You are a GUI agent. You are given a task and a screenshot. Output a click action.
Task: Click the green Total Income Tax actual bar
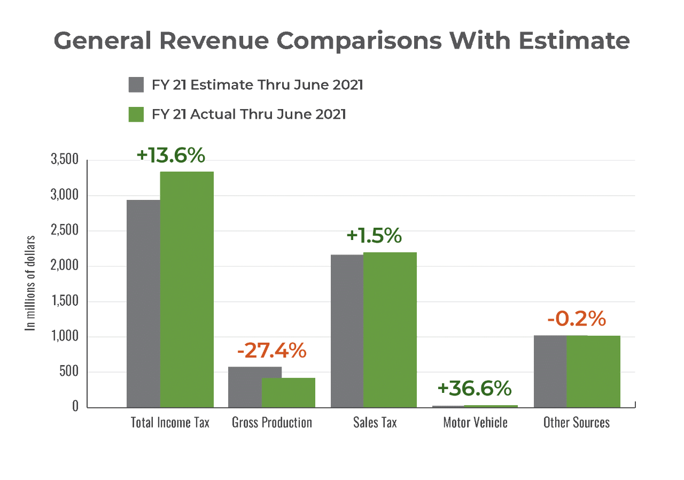pos(186,289)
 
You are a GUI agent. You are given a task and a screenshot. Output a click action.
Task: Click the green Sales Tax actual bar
pos(390,329)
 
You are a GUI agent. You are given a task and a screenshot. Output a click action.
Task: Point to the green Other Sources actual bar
pos(593,371)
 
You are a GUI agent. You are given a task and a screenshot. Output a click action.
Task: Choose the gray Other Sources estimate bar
pos(550,371)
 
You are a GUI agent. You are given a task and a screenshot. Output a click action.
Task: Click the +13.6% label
pos(170,155)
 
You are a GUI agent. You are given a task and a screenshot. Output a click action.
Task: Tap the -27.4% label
pos(271,351)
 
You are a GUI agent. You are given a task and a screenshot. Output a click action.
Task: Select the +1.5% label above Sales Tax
pos(374,236)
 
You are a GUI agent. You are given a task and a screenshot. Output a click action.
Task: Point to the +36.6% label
pos(475,389)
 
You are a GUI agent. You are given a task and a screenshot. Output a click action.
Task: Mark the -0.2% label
pos(577,319)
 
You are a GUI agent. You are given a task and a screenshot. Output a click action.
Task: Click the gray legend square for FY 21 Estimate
pos(136,85)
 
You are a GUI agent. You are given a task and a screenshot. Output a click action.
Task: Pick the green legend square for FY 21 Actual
pos(136,114)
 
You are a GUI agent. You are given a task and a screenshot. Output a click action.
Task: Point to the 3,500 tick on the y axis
pos(65,160)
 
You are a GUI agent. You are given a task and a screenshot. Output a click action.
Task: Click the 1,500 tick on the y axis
pos(65,301)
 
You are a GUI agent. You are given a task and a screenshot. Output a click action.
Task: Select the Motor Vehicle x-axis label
pos(475,422)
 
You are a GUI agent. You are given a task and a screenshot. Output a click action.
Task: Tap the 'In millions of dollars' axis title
pos(31,283)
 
